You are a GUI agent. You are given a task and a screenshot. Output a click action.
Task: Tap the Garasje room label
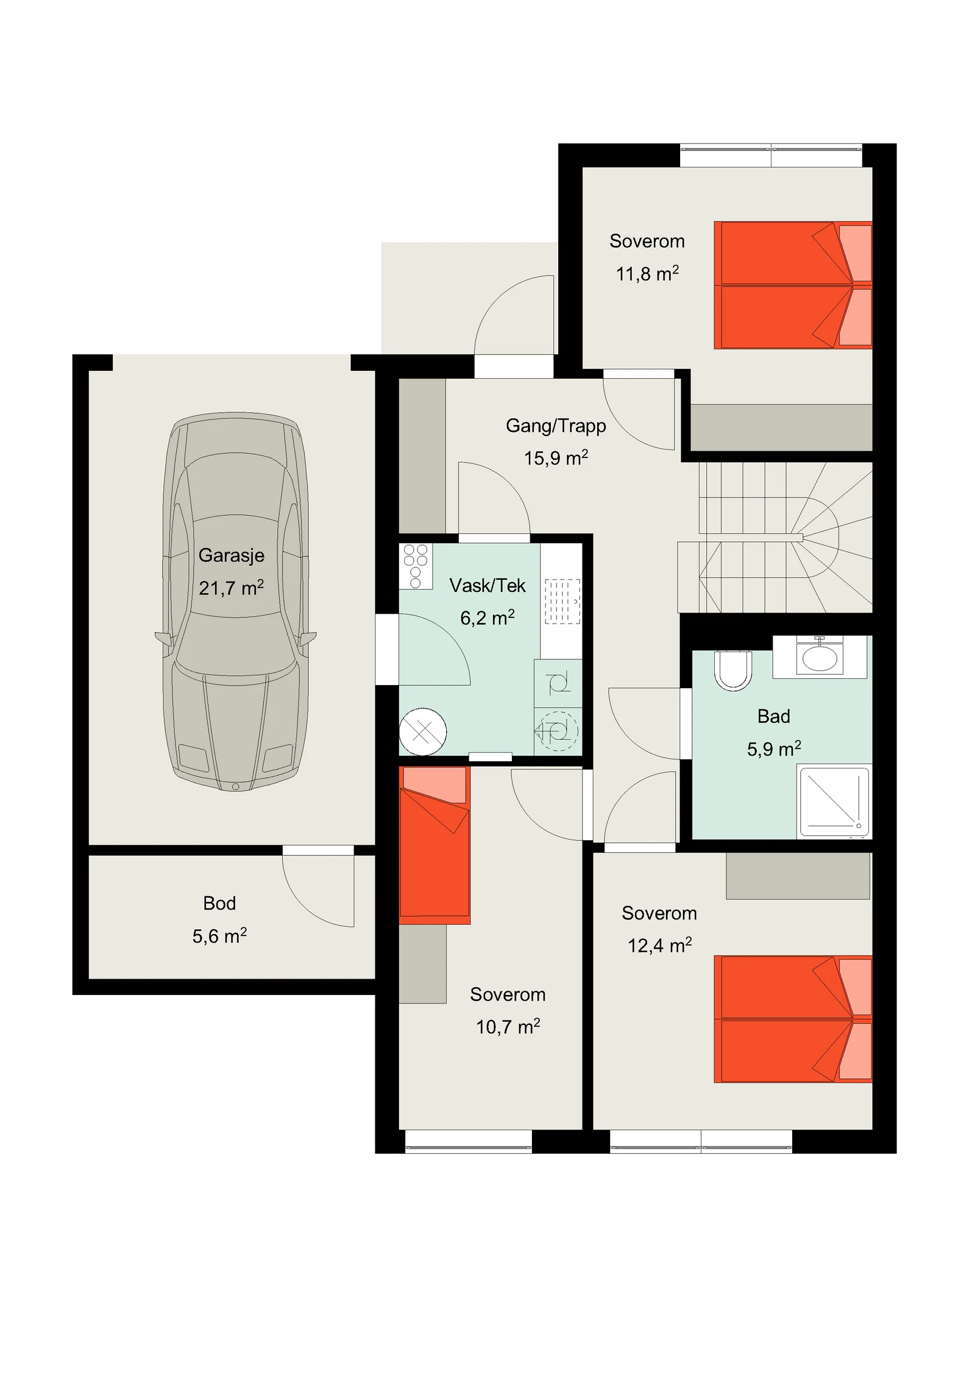[x=232, y=556]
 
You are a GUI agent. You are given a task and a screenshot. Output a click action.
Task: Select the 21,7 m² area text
[x=232, y=588]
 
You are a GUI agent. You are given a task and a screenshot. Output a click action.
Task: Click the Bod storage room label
[x=219, y=903]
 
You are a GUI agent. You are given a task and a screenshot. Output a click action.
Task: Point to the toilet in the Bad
[x=733, y=671]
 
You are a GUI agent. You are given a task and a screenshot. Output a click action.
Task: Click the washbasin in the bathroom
[x=820, y=657]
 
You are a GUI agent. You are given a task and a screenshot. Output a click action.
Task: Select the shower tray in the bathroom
[x=834, y=802]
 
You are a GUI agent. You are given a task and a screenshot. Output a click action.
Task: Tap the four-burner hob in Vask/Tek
[x=416, y=566]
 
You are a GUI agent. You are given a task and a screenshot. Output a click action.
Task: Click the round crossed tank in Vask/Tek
[x=423, y=731]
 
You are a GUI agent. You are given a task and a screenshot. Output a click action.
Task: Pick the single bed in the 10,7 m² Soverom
[x=434, y=846]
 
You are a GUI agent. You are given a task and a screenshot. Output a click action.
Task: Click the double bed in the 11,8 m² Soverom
[x=793, y=285]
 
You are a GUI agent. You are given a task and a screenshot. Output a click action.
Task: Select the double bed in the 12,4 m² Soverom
[x=793, y=1019]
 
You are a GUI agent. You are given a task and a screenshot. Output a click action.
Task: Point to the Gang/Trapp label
[x=556, y=426]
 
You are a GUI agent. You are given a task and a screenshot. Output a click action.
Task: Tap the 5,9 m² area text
[x=774, y=748]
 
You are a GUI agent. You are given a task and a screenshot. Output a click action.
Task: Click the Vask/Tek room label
[x=487, y=586]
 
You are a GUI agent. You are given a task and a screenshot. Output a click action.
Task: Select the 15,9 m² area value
[x=556, y=458]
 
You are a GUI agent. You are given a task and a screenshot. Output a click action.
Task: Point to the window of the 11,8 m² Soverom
[x=771, y=155]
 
